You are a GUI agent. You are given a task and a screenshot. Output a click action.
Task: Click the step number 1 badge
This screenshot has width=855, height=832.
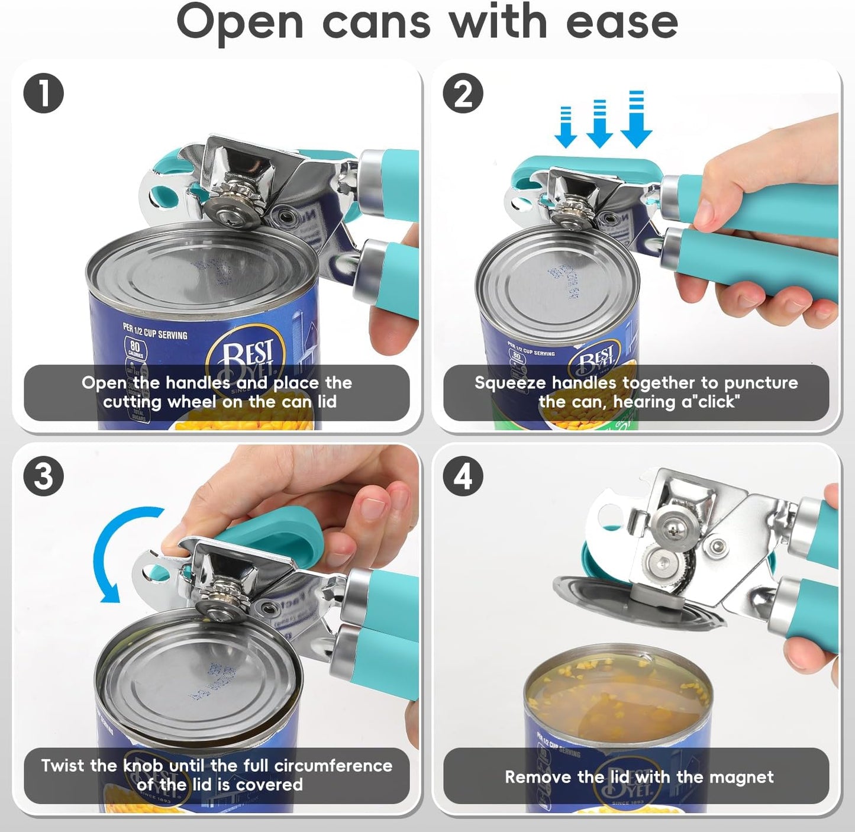coord(43,94)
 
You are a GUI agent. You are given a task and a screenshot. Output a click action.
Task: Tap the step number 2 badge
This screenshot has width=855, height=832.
coord(463,94)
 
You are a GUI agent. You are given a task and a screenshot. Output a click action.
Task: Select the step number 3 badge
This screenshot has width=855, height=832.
coord(43,476)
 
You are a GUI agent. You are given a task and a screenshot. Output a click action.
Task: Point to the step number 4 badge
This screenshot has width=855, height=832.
coord(463,476)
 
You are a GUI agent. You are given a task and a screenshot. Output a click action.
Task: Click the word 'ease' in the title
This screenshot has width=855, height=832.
coord(621,22)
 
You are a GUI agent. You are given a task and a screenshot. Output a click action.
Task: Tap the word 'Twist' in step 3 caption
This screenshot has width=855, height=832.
coord(63,765)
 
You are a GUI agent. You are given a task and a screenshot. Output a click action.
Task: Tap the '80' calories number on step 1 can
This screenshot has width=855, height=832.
coord(134,346)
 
